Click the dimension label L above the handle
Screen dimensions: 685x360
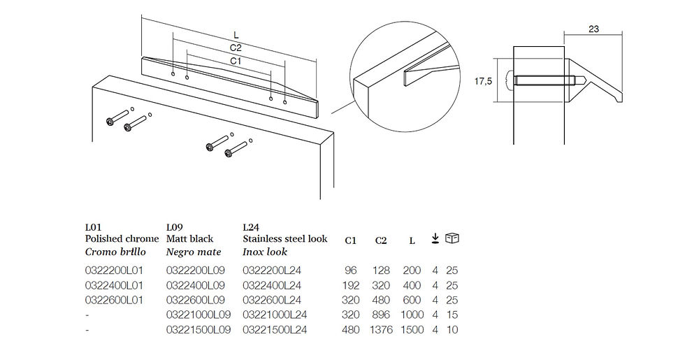[236, 35]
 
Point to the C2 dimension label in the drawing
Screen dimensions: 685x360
[236, 48]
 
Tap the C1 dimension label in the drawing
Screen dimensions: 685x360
[236, 62]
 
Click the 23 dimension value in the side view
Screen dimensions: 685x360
[593, 29]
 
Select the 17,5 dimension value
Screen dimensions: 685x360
[483, 81]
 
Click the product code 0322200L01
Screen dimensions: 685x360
[114, 271]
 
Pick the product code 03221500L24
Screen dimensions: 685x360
[275, 329]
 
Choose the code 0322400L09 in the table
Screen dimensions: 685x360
[195, 286]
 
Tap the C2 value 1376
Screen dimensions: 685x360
[381, 329]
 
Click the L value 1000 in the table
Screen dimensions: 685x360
[412, 315]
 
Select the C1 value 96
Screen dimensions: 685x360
[351, 271]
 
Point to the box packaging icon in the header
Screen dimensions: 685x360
[452, 238]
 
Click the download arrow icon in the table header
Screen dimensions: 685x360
[435, 238]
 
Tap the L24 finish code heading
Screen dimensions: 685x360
[251, 227]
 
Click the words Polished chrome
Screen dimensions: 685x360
[122, 239]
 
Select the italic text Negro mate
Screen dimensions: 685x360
[194, 252]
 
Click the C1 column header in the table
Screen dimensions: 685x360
[351, 240]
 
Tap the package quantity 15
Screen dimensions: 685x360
[452, 315]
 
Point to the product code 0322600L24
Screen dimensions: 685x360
[272, 300]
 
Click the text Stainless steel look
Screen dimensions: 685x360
[285, 239]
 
